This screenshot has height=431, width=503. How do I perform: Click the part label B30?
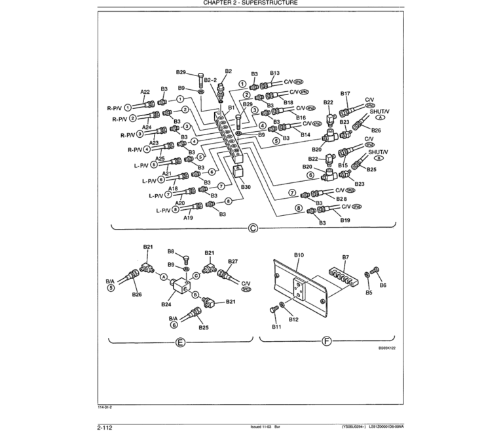click(x=246, y=188)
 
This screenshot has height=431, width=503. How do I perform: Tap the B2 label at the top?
click(x=229, y=71)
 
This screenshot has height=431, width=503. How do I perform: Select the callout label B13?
click(x=274, y=73)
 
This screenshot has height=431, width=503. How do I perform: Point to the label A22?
click(x=145, y=91)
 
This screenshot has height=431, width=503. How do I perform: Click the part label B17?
click(x=345, y=94)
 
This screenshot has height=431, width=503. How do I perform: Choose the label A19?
click(x=188, y=217)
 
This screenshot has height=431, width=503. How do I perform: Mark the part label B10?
click(x=299, y=255)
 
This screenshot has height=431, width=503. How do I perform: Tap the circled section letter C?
click(x=252, y=228)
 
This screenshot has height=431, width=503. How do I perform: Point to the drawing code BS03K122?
click(x=387, y=349)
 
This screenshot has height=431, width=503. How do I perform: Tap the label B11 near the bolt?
click(x=276, y=326)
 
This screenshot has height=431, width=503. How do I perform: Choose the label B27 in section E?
click(x=233, y=261)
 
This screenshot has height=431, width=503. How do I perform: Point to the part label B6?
click(x=383, y=285)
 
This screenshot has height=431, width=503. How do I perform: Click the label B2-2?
click(x=210, y=80)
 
